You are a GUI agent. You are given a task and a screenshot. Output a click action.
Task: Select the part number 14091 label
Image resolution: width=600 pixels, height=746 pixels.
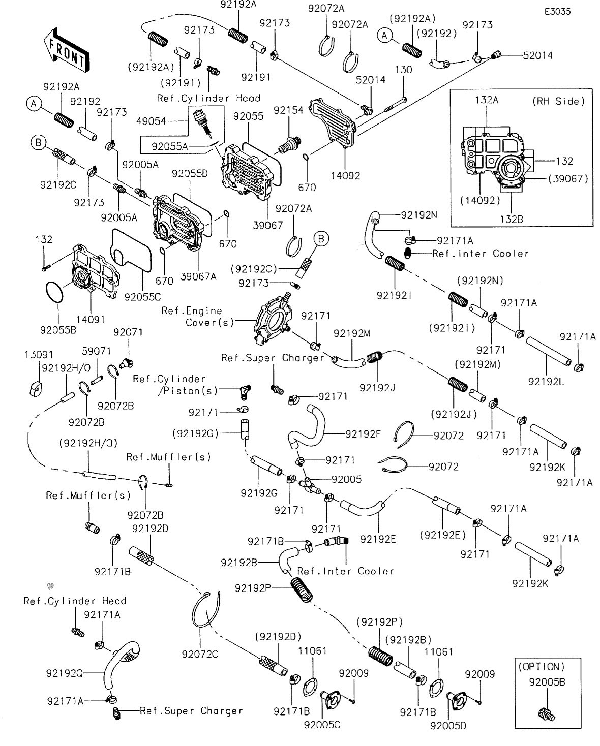91,319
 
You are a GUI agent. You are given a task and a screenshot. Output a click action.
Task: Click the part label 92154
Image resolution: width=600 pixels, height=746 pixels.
288,110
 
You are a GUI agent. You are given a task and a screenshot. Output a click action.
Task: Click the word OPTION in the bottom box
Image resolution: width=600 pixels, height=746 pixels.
541,666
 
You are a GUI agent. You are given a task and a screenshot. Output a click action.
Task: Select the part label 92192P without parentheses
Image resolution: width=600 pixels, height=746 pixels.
252,588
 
